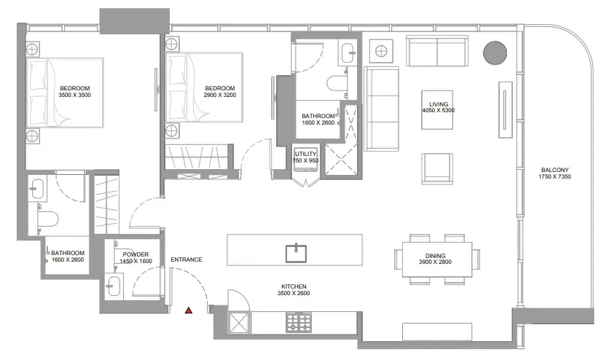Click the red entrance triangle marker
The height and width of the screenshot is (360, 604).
(189, 310)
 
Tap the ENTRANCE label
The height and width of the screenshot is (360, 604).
(187, 259)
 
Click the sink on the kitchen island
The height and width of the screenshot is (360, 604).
(296, 253)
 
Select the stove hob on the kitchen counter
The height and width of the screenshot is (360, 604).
(299, 322)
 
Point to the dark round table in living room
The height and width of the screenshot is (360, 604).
(495, 52)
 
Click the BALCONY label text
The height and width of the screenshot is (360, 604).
(554, 170)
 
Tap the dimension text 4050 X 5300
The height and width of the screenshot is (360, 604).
(439, 110)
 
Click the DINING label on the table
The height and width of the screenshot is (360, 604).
(435, 256)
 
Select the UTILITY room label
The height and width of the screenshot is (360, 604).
(305, 154)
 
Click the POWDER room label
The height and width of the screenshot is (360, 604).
(136, 254)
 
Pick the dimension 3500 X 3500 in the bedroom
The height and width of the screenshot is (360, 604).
(75, 95)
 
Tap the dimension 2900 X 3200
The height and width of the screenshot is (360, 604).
(220, 95)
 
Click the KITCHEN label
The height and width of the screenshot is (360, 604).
(294, 286)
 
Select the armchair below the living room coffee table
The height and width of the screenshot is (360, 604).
(437, 169)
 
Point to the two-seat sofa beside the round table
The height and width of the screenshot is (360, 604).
(437, 51)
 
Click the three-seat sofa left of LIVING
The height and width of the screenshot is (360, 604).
(381, 109)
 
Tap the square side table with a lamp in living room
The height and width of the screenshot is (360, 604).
(381, 50)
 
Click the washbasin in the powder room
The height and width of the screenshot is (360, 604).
(114, 286)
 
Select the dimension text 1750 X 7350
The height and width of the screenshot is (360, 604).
(554, 176)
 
